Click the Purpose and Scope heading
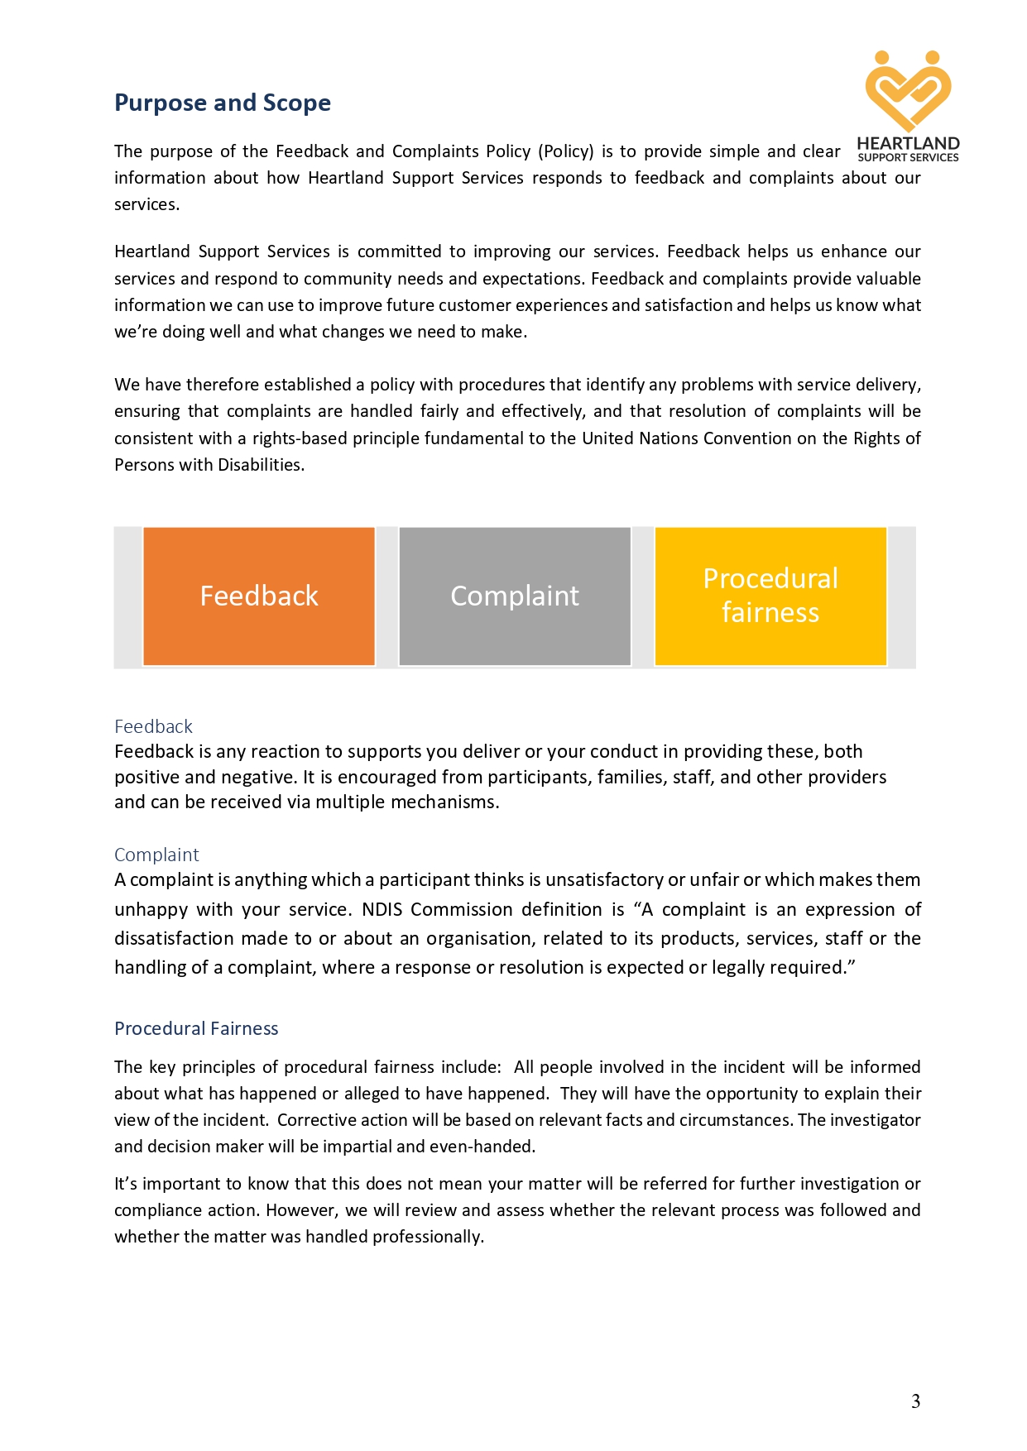tap(222, 103)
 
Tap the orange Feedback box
tap(259, 596)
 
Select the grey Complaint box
tap(515, 596)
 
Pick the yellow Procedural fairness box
tap(770, 596)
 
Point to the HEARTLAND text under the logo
tap(908, 144)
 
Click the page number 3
tap(915, 1401)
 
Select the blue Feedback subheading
tap(153, 726)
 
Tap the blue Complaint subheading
tap(156, 855)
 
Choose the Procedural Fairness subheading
tap(196, 1028)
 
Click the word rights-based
tap(300, 438)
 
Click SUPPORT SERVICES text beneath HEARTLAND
tap(908, 157)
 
